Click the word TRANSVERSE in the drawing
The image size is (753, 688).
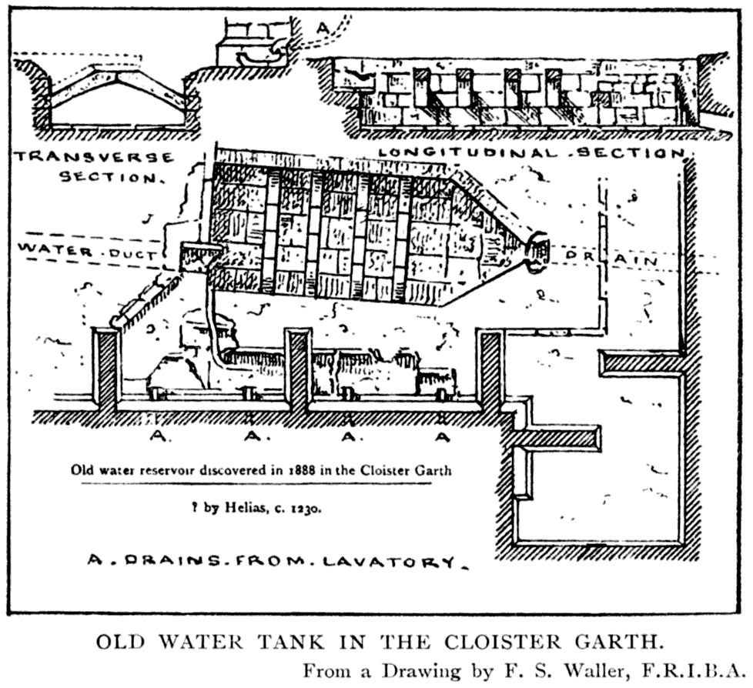pos(93,158)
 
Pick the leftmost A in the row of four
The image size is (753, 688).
pos(157,436)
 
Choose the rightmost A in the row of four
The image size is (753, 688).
pos(442,436)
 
